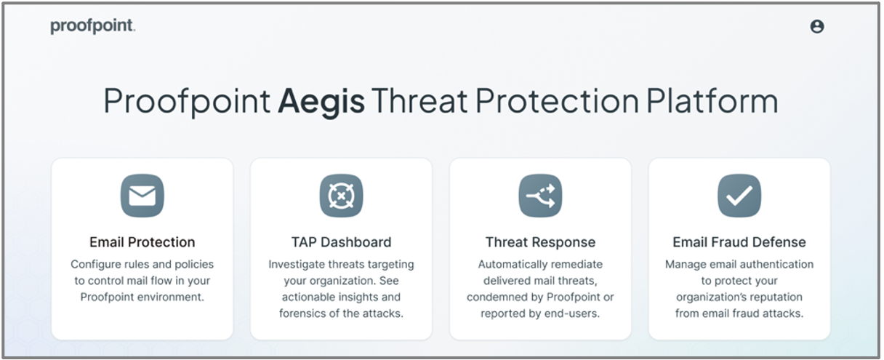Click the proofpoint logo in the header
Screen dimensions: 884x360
click(93, 26)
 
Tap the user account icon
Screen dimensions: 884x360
click(817, 26)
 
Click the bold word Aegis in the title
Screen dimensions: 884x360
click(321, 101)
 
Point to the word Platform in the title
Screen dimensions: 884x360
click(712, 100)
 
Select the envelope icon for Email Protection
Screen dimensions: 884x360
click(142, 196)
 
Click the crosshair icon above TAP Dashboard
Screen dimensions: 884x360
click(342, 196)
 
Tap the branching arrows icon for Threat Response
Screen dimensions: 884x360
click(540, 196)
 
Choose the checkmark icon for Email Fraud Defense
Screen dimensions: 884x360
click(739, 196)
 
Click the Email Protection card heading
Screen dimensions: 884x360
click(142, 242)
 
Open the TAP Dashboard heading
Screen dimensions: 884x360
click(342, 242)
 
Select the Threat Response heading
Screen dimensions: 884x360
click(540, 242)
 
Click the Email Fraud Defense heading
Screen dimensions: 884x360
click(739, 242)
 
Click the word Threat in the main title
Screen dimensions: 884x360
click(419, 100)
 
